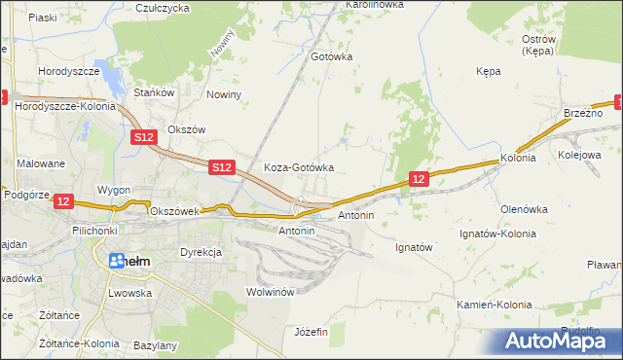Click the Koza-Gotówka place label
pos(299,167)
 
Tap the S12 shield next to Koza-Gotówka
pos(221,168)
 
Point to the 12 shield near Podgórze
pos(63,200)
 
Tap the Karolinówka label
pos(375,5)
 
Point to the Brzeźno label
pos(583,113)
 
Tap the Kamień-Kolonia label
pos(495,305)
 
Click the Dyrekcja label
pos(201,252)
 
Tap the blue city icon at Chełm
pos(118,261)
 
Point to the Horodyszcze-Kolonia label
pos(63,104)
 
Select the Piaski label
pos(42,18)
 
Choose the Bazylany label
pos(155,345)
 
